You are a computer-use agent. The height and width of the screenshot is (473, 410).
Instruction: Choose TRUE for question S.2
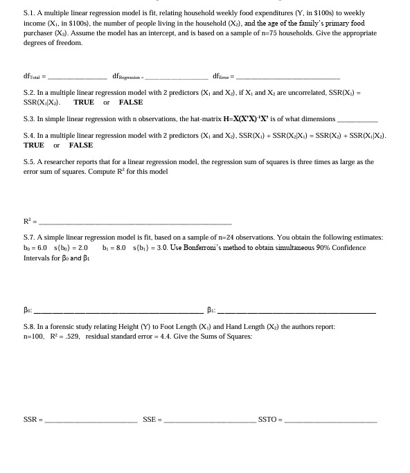[84, 102]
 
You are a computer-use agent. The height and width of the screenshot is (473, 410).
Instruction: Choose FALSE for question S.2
[130, 102]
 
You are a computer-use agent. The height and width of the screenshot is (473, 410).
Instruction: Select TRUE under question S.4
[33, 145]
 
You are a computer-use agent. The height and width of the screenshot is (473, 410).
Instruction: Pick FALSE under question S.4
[80, 145]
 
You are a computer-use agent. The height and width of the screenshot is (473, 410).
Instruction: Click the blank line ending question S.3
[357, 121]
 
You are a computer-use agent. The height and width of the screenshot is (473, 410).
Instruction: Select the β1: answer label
[212, 311]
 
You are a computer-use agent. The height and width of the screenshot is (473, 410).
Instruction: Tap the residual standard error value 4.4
[159, 336]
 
